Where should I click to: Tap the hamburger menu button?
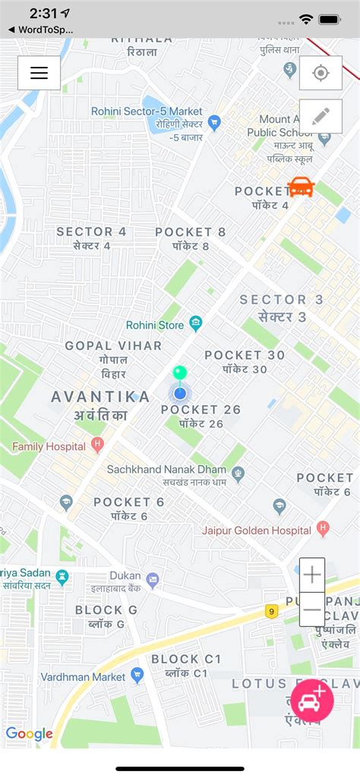39,73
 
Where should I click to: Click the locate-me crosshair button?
321,73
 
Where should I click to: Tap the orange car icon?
302,186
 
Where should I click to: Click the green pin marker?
179,373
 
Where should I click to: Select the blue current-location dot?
180,393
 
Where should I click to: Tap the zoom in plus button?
312,575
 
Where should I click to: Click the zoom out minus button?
312,609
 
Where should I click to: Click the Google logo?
29,733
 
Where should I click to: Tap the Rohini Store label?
155,325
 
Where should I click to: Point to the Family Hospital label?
49,446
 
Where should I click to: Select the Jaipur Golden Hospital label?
257,530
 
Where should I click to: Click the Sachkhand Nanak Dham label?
167,470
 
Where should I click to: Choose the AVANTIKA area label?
100,396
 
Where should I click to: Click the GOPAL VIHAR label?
113,345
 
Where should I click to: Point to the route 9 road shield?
271,610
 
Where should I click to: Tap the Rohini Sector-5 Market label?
147,111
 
